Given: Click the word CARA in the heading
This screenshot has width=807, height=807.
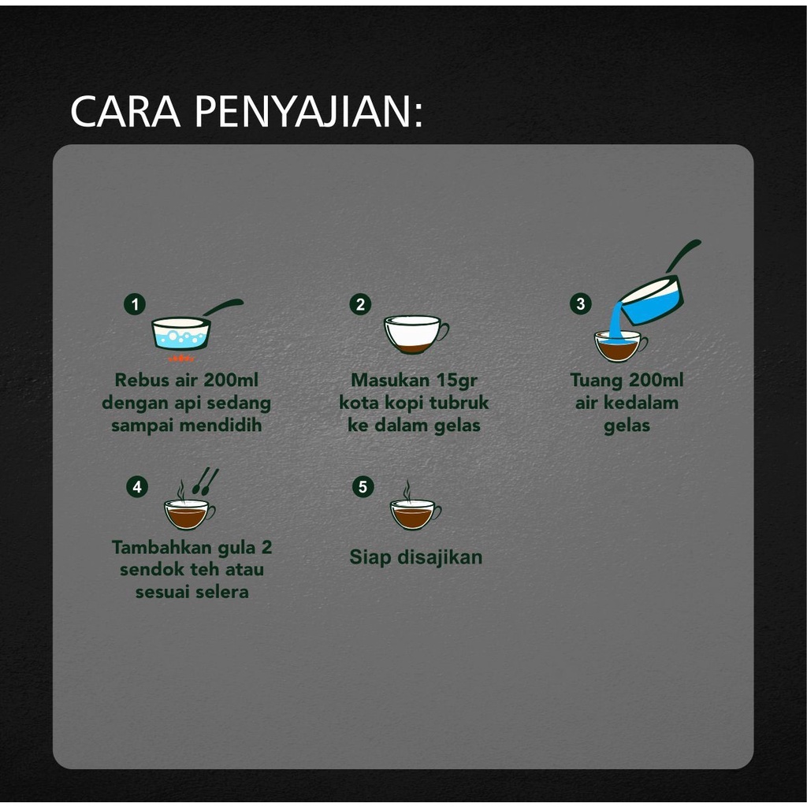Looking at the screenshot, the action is tap(125, 110).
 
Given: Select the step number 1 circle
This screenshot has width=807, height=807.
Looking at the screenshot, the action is tap(135, 304).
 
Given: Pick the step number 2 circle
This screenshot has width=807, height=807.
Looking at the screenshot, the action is tap(360, 304).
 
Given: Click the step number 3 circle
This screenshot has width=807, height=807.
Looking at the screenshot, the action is tap(581, 303).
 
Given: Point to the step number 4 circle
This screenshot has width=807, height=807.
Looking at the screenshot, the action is tap(137, 487).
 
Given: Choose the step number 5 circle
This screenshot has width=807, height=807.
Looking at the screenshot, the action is tap(363, 486).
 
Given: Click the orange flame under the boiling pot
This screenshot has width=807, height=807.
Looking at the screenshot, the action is tap(181, 357).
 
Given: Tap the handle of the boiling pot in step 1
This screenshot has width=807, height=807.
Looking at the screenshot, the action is tap(223, 307).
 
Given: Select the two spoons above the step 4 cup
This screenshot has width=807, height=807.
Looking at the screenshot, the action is tap(206, 482).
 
